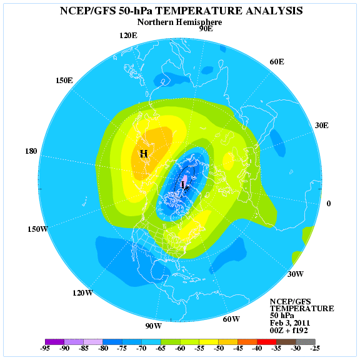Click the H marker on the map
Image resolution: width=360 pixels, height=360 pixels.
pyautogui.click(x=144, y=154)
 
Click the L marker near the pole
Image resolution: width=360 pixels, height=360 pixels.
pyautogui.click(x=183, y=184)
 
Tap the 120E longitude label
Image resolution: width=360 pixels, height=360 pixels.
pyautogui.click(x=128, y=35)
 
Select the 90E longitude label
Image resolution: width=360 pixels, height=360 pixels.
pyautogui.click(x=206, y=29)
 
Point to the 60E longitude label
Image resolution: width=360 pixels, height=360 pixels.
pyautogui.click(x=277, y=62)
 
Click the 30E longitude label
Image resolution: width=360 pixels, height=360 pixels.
pyautogui.click(x=322, y=125)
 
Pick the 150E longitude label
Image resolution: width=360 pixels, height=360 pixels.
pyautogui.click(x=64, y=81)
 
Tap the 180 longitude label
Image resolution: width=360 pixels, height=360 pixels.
pyautogui.click(x=31, y=151)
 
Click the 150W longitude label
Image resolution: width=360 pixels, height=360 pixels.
pyautogui.click(x=37, y=229)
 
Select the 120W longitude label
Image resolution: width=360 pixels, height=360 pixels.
pyautogui.click(x=82, y=293)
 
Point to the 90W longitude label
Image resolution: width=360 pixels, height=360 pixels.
pyautogui.click(x=154, y=326)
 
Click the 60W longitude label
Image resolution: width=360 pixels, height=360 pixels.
pyautogui.click(x=231, y=319)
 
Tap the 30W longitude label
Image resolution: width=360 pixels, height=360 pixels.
pyautogui.click(x=296, y=274)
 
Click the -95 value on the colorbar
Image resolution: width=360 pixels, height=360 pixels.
pyautogui.click(x=45, y=348)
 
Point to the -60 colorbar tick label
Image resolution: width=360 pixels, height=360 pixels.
pyautogui.click(x=180, y=348)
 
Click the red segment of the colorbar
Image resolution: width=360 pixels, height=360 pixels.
pyautogui.click(x=266, y=341)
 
